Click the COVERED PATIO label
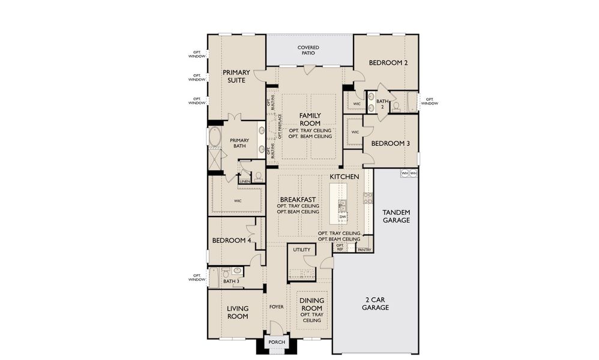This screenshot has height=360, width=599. (x=309, y=50)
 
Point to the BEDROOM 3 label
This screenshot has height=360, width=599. (x=390, y=143)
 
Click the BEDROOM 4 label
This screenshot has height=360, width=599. (x=231, y=241)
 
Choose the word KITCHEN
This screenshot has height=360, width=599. (x=345, y=176)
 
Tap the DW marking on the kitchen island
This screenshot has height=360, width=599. (x=342, y=217)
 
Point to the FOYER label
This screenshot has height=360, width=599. (x=276, y=307)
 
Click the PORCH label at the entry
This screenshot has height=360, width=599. (x=277, y=343)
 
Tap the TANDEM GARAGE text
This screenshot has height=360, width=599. (x=396, y=216)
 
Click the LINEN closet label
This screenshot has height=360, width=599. (x=244, y=181)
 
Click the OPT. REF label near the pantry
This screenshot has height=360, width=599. (x=340, y=247)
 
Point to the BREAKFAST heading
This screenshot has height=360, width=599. (x=298, y=199)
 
